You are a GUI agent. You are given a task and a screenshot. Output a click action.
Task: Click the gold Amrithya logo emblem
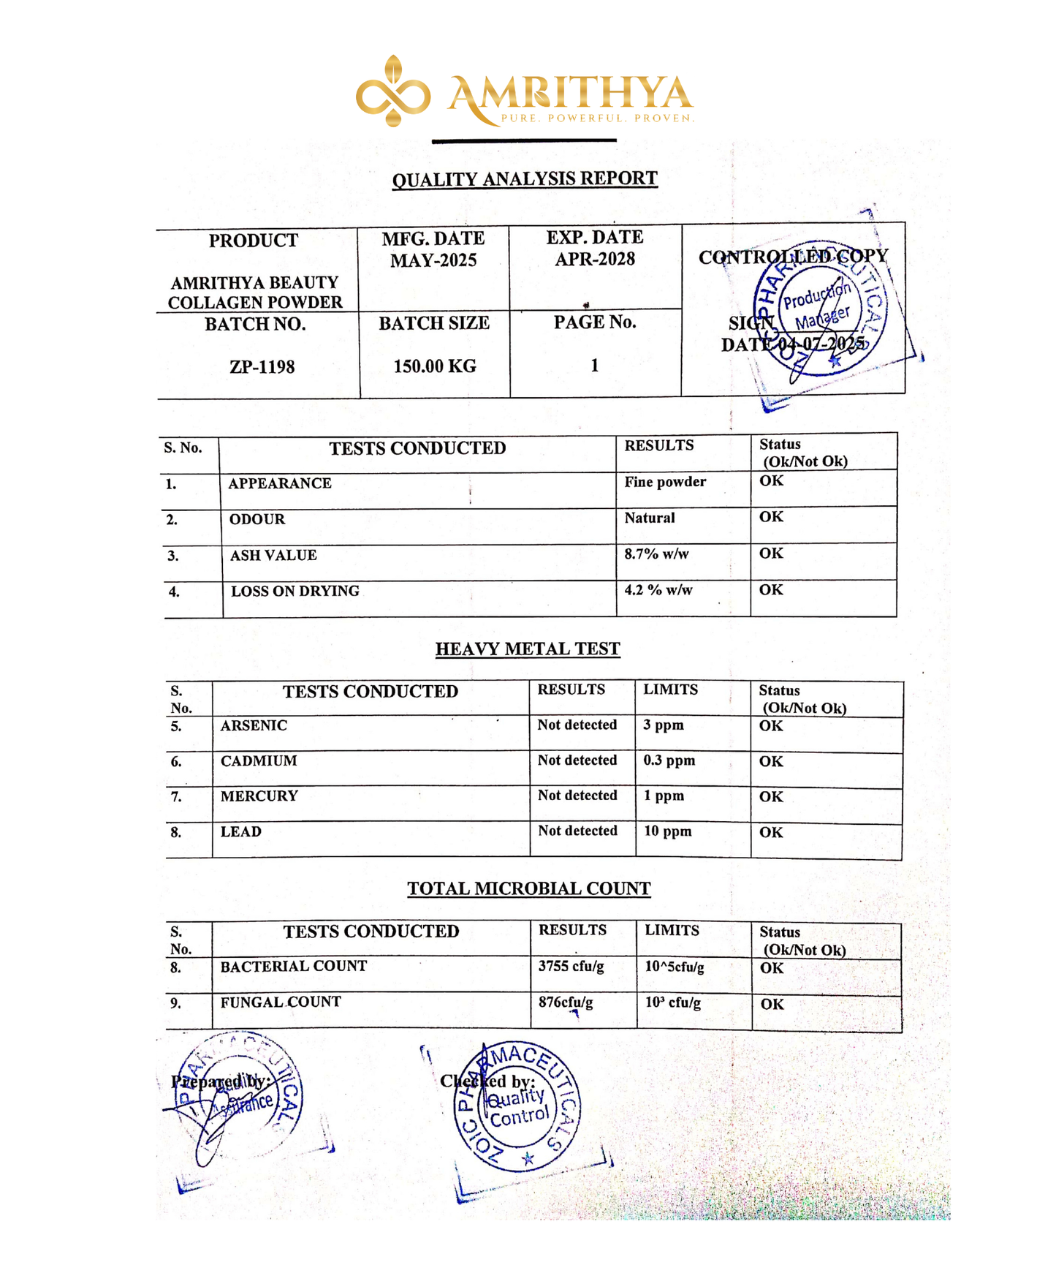click(392, 91)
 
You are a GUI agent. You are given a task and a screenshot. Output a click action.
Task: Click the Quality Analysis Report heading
click(525, 179)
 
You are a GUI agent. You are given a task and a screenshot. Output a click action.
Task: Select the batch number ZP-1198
click(262, 367)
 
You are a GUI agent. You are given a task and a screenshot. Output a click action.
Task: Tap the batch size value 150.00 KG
click(435, 366)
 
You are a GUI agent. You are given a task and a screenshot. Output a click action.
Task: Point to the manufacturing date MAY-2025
click(433, 260)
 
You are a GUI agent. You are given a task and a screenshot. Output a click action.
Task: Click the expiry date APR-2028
click(595, 259)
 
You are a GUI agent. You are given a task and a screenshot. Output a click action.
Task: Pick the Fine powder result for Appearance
click(665, 482)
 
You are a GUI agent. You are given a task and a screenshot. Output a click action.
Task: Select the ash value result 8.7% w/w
click(656, 554)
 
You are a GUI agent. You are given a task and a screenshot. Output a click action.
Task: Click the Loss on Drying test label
click(295, 591)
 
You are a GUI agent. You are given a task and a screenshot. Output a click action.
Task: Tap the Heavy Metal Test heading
click(528, 649)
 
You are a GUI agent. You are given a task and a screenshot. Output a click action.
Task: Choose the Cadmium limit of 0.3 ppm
click(669, 760)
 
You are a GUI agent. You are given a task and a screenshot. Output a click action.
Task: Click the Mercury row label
click(259, 796)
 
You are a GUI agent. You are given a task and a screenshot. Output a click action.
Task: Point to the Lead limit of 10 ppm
click(667, 831)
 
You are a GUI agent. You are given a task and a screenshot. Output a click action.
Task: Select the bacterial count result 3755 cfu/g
click(571, 966)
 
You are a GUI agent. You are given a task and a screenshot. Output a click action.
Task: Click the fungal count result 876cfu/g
click(566, 1002)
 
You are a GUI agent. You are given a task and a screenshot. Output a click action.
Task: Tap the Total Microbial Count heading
click(528, 888)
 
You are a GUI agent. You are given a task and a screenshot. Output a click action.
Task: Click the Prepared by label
click(221, 1081)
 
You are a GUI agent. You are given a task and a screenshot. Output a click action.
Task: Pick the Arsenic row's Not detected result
click(577, 725)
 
